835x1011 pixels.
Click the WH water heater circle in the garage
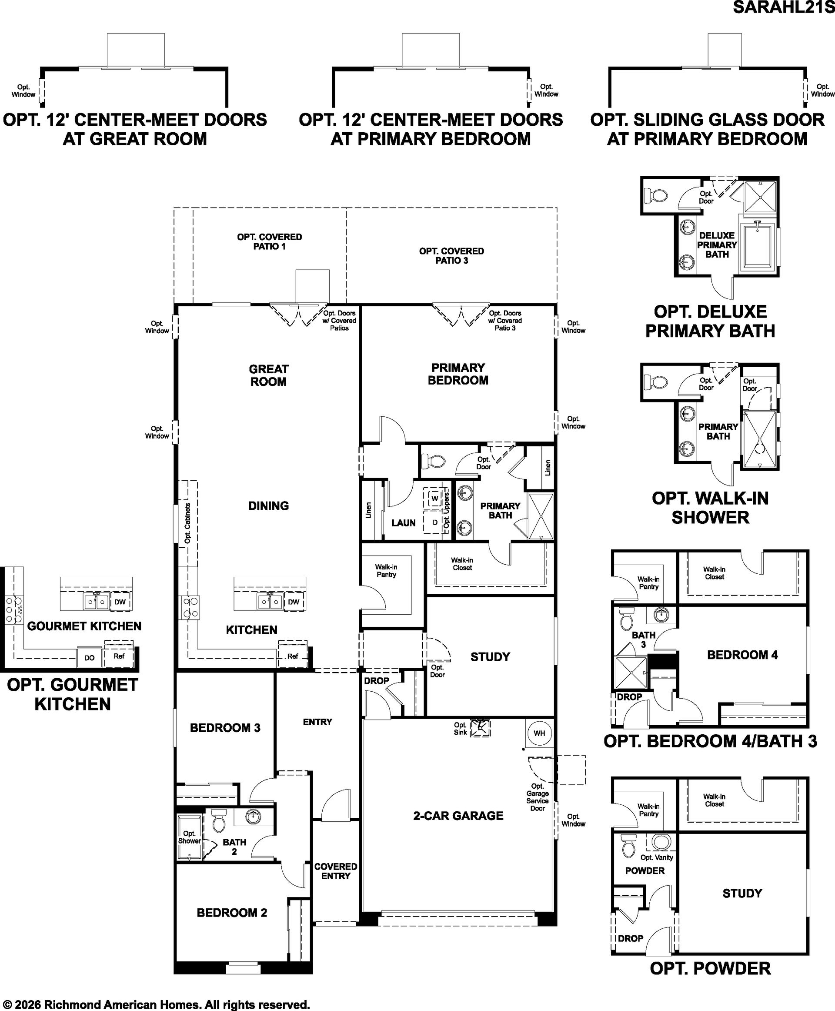[539, 733]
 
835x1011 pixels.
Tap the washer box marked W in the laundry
[435, 498]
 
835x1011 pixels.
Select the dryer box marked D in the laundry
[435, 522]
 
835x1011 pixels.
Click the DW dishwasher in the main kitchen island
[294, 602]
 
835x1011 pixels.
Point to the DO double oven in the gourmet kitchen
[90, 658]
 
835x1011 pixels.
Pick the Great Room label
[268, 375]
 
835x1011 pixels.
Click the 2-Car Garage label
[458, 816]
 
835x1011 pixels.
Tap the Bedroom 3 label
[225, 727]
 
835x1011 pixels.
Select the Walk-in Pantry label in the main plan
[386, 571]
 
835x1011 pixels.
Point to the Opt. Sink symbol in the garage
[480, 729]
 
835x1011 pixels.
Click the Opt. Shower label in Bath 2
[190, 837]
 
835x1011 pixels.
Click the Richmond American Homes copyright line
[156, 1001]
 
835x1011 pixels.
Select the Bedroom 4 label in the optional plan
[743, 654]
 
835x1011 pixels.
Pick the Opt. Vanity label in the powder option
[657, 857]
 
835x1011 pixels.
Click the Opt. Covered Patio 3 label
[452, 255]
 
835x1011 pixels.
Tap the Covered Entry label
[336, 871]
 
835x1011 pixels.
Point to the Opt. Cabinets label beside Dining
[187, 523]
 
